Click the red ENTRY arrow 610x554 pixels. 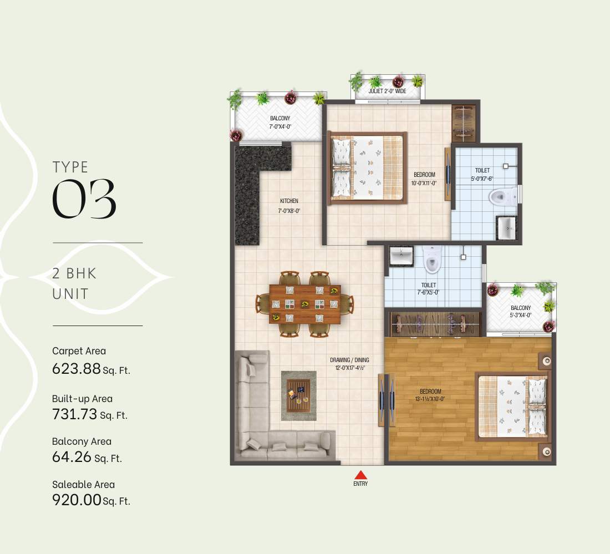(361, 474)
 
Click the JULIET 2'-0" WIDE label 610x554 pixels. (388, 90)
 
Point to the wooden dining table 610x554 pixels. (304, 304)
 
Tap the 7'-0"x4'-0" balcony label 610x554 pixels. (280, 122)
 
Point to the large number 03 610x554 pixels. (84, 199)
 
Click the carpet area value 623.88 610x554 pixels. (77, 368)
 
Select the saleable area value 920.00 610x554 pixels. (77, 500)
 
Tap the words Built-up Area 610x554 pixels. (82, 399)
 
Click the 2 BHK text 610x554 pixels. (74, 273)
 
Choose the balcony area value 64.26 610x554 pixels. (72, 458)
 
